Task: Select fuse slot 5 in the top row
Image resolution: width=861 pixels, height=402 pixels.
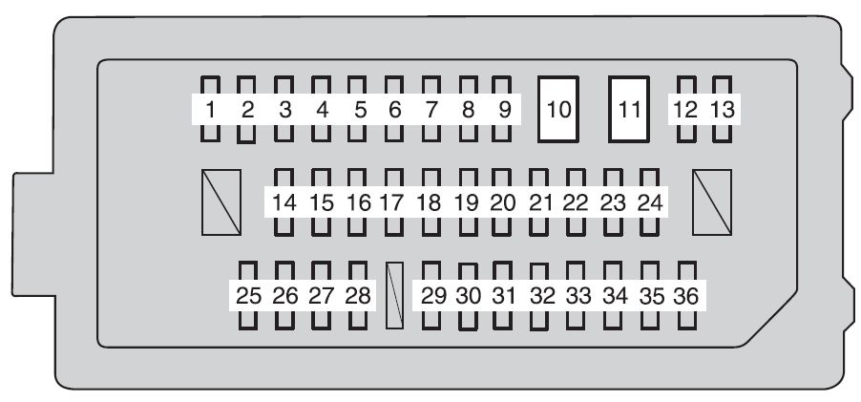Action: [359, 109]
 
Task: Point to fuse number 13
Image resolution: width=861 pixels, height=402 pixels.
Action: [724, 109]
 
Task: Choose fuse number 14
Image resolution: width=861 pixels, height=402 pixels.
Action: [283, 202]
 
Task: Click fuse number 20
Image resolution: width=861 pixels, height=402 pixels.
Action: [502, 202]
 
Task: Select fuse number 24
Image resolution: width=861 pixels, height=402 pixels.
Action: [649, 202]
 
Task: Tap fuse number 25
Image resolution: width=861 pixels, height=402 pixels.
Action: [248, 295]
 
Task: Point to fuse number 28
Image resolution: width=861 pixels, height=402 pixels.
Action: [358, 295]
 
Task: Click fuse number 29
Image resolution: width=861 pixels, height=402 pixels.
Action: [433, 295]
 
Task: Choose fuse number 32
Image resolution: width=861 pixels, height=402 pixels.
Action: [542, 295]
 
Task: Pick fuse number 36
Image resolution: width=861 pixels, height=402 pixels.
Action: [685, 295]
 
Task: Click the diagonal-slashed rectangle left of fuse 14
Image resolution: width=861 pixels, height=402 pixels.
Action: [221, 201]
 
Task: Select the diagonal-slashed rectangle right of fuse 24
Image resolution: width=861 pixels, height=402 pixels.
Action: [712, 201]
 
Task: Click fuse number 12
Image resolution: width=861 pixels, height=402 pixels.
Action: [685, 109]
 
